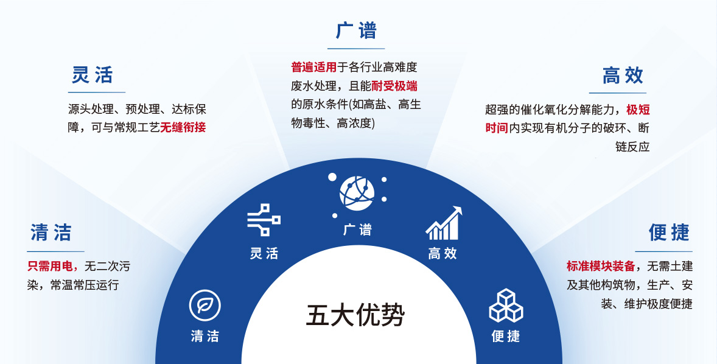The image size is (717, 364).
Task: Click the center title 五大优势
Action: [x=355, y=315]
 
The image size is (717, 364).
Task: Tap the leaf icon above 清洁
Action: [x=205, y=306]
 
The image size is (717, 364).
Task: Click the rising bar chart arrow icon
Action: [x=444, y=223]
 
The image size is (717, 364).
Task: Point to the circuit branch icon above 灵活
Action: [x=264, y=220]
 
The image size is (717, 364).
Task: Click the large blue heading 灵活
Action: [x=93, y=75]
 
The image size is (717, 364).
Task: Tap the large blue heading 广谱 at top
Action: [x=356, y=31]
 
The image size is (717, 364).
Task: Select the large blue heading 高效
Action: [x=623, y=75]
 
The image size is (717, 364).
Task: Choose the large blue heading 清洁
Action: [x=51, y=233]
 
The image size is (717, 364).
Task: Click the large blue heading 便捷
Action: [x=669, y=233]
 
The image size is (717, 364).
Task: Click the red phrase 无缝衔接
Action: [x=183, y=127]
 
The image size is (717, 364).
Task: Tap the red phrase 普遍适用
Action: [x=313, y=67]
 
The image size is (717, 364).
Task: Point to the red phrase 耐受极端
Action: [x=394, y=85]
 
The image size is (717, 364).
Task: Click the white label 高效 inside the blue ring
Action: [x=442, y=253]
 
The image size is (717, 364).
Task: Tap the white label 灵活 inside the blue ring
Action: [x=264, y=253]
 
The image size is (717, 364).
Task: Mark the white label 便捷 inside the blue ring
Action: [x=506, y=336]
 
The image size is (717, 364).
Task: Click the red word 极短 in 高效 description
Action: [x=638, y=110]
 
